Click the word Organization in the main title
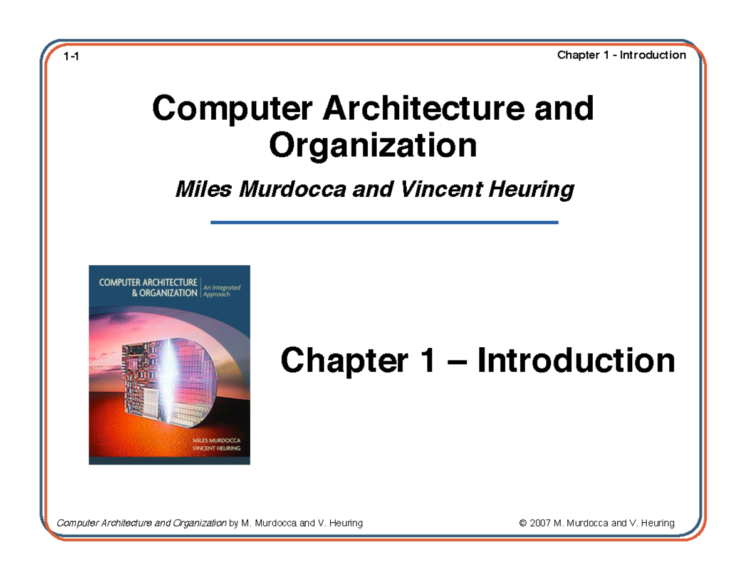[372, 145]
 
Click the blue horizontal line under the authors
[384, 222]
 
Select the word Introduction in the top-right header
[652, 55]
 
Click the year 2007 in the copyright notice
[540, 523]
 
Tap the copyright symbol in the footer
[523, 523]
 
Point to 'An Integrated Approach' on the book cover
[222, 290]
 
